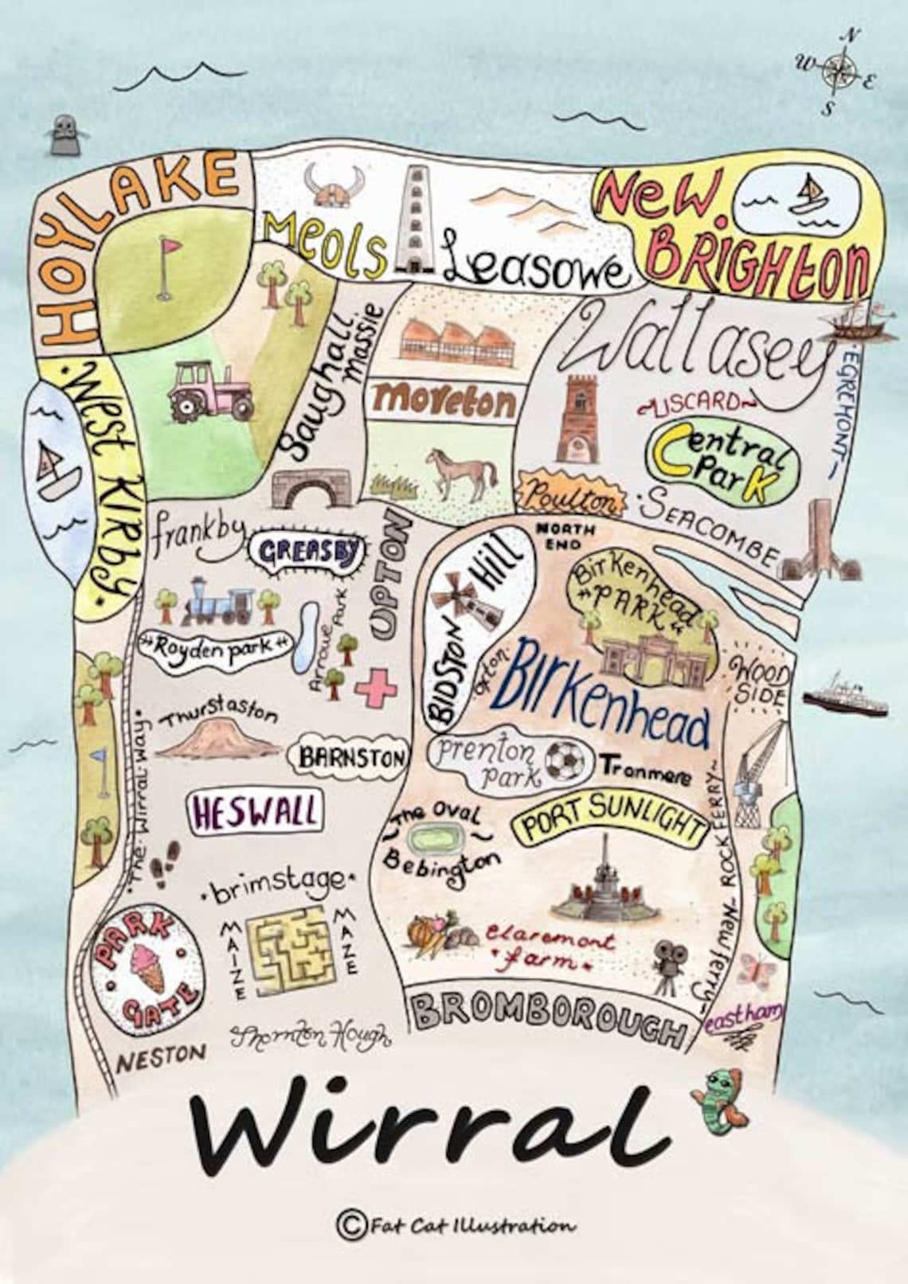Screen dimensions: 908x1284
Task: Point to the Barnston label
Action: point(351,757)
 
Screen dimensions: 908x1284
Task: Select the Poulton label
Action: point(569,500)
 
